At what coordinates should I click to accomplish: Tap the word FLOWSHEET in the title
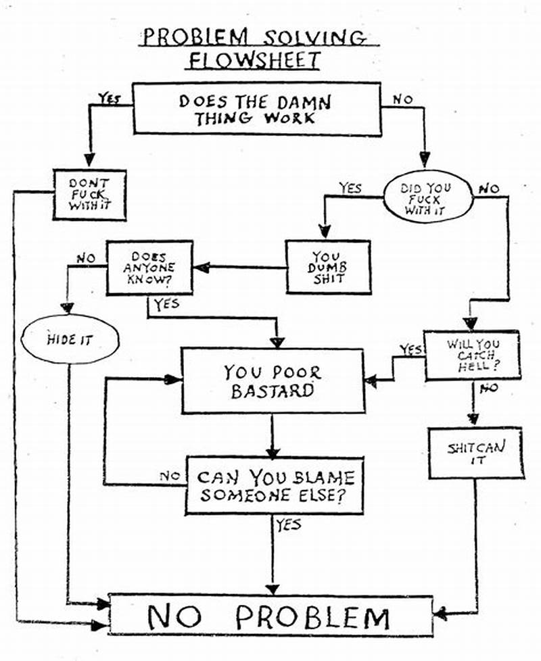tap(254, 60)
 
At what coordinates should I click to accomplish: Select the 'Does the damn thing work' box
tap(256, 109)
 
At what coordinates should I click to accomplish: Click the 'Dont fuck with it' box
tap(89, 194)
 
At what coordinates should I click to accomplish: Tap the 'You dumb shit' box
tap(328, 267)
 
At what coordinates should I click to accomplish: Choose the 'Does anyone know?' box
tap(149, 267)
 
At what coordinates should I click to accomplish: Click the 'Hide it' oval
tap(70, 339)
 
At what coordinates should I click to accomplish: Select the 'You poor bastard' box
tap(272, 381)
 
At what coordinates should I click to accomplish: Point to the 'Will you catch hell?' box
tap(471, 355)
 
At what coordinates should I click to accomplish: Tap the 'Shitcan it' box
tap(476, 452)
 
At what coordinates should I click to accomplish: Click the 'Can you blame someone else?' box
tap(275, 485)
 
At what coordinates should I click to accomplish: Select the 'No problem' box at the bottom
tap(270, 616)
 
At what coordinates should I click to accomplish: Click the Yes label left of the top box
tap(109, 99)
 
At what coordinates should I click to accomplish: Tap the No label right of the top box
tap(402, 99)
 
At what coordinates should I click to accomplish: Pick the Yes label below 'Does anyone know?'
tap(166, 305)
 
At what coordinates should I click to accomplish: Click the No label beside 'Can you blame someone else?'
tap(169, 476)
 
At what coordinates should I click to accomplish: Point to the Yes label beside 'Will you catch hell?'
tap(410, 349)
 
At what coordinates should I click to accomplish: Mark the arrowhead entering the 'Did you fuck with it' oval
tap(424, 161)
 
